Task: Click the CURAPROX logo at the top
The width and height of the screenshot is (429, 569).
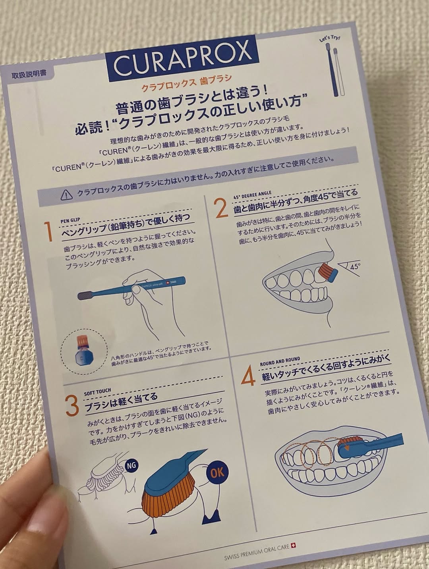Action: (x=183, y=60)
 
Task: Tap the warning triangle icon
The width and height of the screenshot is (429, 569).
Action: (x=67, y=195)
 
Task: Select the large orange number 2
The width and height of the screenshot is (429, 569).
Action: (x=221, y=208)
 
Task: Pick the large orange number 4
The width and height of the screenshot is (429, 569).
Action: (x=248, y=376)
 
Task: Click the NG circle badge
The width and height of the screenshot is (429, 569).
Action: (x=131, y=465)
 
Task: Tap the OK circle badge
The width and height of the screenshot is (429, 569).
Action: (x=217, y=473)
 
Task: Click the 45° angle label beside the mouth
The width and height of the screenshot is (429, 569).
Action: (x=355, y=266)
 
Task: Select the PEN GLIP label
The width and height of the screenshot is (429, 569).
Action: (x=70, y=221)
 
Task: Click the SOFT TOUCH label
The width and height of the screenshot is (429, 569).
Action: (x=97, y=393)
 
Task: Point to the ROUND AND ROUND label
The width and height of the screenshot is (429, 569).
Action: (x=280, y=362)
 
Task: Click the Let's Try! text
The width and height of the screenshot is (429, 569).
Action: (x=329, y=39)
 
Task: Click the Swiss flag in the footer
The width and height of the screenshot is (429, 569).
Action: (x=293, y=546)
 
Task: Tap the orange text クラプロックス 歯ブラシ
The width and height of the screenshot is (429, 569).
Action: (x=186, y=83)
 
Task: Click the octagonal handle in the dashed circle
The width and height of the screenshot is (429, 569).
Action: (x=83, y=357)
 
